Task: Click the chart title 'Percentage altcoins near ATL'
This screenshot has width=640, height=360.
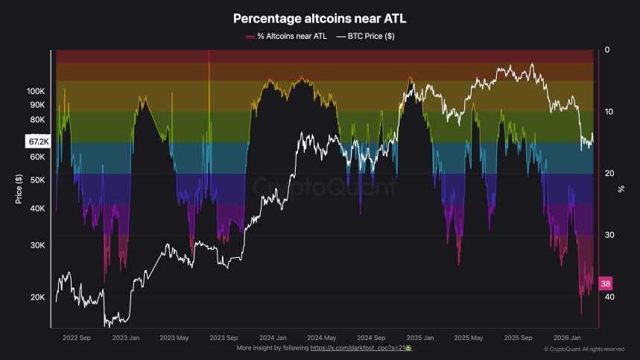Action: (320, 18)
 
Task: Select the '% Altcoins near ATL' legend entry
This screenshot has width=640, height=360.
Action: (287, 36)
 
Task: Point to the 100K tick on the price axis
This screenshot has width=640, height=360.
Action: (36, 91)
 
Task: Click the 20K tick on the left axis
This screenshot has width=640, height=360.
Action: (37, 297)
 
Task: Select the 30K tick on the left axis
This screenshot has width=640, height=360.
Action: (37, 245)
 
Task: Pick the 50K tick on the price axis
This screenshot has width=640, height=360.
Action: (37, 180)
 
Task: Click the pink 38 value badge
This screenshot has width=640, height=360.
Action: (606, 284)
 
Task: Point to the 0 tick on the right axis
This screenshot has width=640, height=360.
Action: (607, 50)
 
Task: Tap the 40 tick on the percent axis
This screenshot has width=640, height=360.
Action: (609, 297)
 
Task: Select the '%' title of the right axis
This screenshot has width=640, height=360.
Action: (621, 189)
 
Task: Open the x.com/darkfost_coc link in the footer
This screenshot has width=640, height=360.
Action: (361, 348)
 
